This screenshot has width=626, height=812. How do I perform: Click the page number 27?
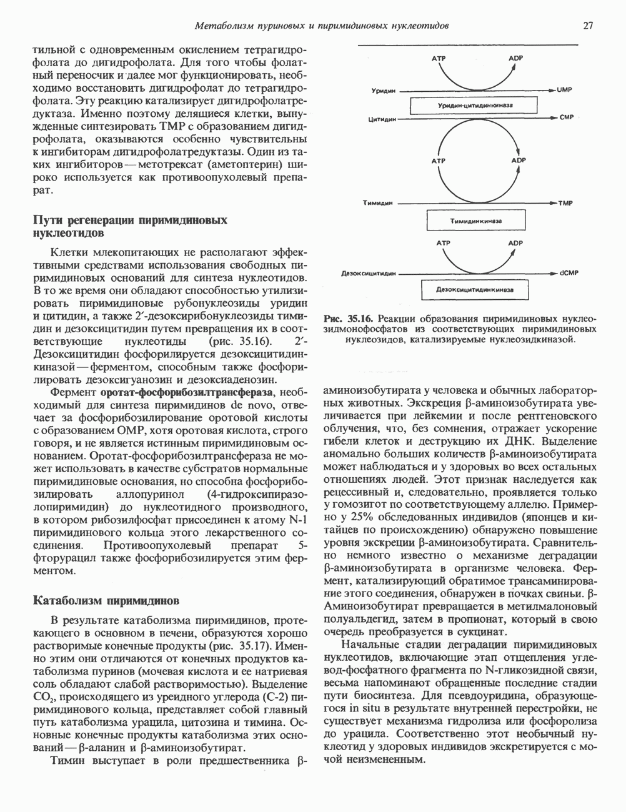[x=588, y=26]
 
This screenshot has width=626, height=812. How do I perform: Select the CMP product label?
[x=566, y=117]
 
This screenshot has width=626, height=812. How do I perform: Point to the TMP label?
[x=565, y=203]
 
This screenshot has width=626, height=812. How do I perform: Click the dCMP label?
[x=567, y=274]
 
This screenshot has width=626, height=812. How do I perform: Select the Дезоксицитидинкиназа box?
[x=474, y=290]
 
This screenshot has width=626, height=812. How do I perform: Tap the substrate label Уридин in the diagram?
[x=381, y=91]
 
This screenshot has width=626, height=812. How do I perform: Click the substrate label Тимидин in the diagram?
[x=377, y=203]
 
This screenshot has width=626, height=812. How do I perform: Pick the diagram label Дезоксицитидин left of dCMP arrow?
[x=365, y=274]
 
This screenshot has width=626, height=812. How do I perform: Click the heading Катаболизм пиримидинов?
[x=106, y=601]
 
